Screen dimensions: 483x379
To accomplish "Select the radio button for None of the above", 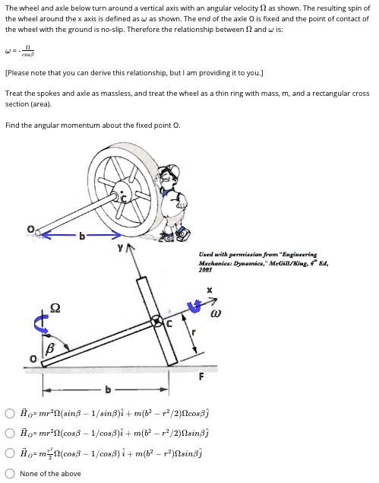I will click(x=11, y=473).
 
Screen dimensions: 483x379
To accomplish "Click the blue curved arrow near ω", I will click(x=194, y=307).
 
